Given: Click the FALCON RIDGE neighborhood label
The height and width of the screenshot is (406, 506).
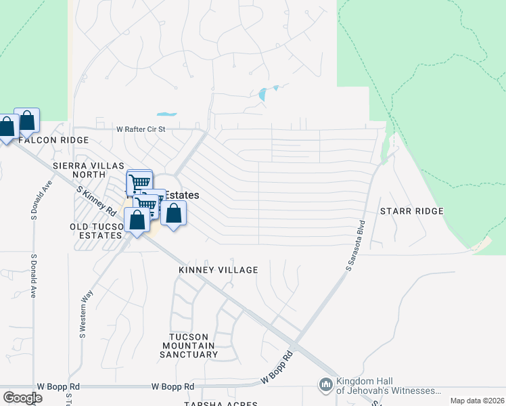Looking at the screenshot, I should (x=53, y=140).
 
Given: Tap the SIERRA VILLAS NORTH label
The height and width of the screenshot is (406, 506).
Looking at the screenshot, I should (x=88, y=170).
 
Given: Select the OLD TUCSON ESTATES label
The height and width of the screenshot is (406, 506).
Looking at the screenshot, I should (x=95, y=231).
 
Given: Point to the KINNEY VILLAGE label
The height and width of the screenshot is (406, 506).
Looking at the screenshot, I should (x=218, y=270).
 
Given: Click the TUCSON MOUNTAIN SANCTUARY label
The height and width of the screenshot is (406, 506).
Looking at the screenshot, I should (x=193, y=345).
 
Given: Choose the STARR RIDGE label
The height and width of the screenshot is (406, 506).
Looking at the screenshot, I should (x=411, y=211).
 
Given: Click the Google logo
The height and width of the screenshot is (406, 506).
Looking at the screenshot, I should (x=22, y=398).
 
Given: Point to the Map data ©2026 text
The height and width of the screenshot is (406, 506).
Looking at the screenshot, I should (x=476, y=401).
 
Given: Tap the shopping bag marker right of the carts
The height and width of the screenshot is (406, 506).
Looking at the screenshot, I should (x=174, y=214).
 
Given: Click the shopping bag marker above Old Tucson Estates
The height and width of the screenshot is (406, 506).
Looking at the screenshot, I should (x=137, y=220).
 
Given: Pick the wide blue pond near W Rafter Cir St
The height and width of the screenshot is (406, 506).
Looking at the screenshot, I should (x=166, y=114).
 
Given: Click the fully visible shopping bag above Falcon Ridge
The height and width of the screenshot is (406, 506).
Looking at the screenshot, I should (x=27, y=120).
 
